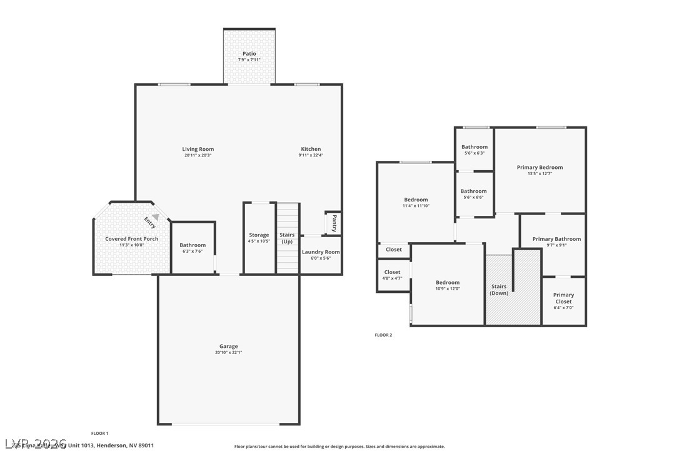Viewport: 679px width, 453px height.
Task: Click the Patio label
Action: [x=249, y=54]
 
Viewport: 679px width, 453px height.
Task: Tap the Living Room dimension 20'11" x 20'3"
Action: [x=198, y=156]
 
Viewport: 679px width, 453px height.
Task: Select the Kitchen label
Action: [x=311, y=149]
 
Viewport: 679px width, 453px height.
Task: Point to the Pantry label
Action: [x=334, y=223]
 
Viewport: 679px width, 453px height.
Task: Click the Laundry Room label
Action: [x=321, y=252]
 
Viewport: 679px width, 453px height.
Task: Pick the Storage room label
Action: [x=259, y=235]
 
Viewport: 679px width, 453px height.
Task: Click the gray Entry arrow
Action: [x=155, y=217]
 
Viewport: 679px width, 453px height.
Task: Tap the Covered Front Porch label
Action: [x=131, y=239]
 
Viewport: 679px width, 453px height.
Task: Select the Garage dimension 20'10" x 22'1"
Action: [x=228, y=352]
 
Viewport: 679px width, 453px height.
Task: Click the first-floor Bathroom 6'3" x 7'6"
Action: [x=193, y=248]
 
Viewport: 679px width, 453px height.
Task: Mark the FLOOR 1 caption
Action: [x=100, y=433]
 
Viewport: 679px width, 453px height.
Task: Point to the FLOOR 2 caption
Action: [x=383, y=335]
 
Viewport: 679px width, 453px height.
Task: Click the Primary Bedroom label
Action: [x=540, y=167]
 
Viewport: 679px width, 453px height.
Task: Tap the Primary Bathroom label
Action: [x=556, y=239]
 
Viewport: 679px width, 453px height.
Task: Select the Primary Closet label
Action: [x=563, y=298]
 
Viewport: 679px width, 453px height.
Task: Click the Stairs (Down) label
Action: [x=499, y=290]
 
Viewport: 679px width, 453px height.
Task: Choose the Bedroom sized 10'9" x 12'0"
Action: [x=448, y=285]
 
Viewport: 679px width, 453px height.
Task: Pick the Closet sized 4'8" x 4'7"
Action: [x=392, y=275]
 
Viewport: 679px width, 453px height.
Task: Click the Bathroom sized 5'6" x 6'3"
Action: [x=475, y=150]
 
